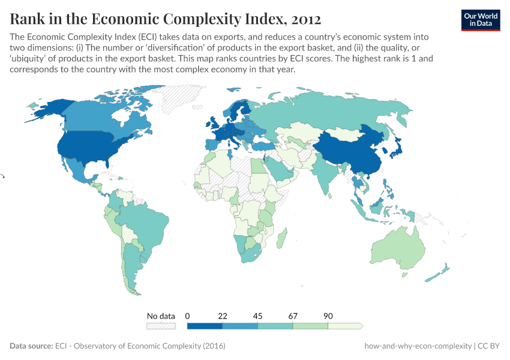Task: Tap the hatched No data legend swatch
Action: (161, 326)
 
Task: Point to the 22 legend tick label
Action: (223, 316)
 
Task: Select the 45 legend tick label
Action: (257, 316)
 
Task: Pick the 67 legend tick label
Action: (293, 316)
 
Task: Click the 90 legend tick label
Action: (328, 316)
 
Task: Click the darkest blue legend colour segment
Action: (205, 326)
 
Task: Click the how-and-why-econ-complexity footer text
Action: (418, 346)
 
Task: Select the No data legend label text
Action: (161, 316)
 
